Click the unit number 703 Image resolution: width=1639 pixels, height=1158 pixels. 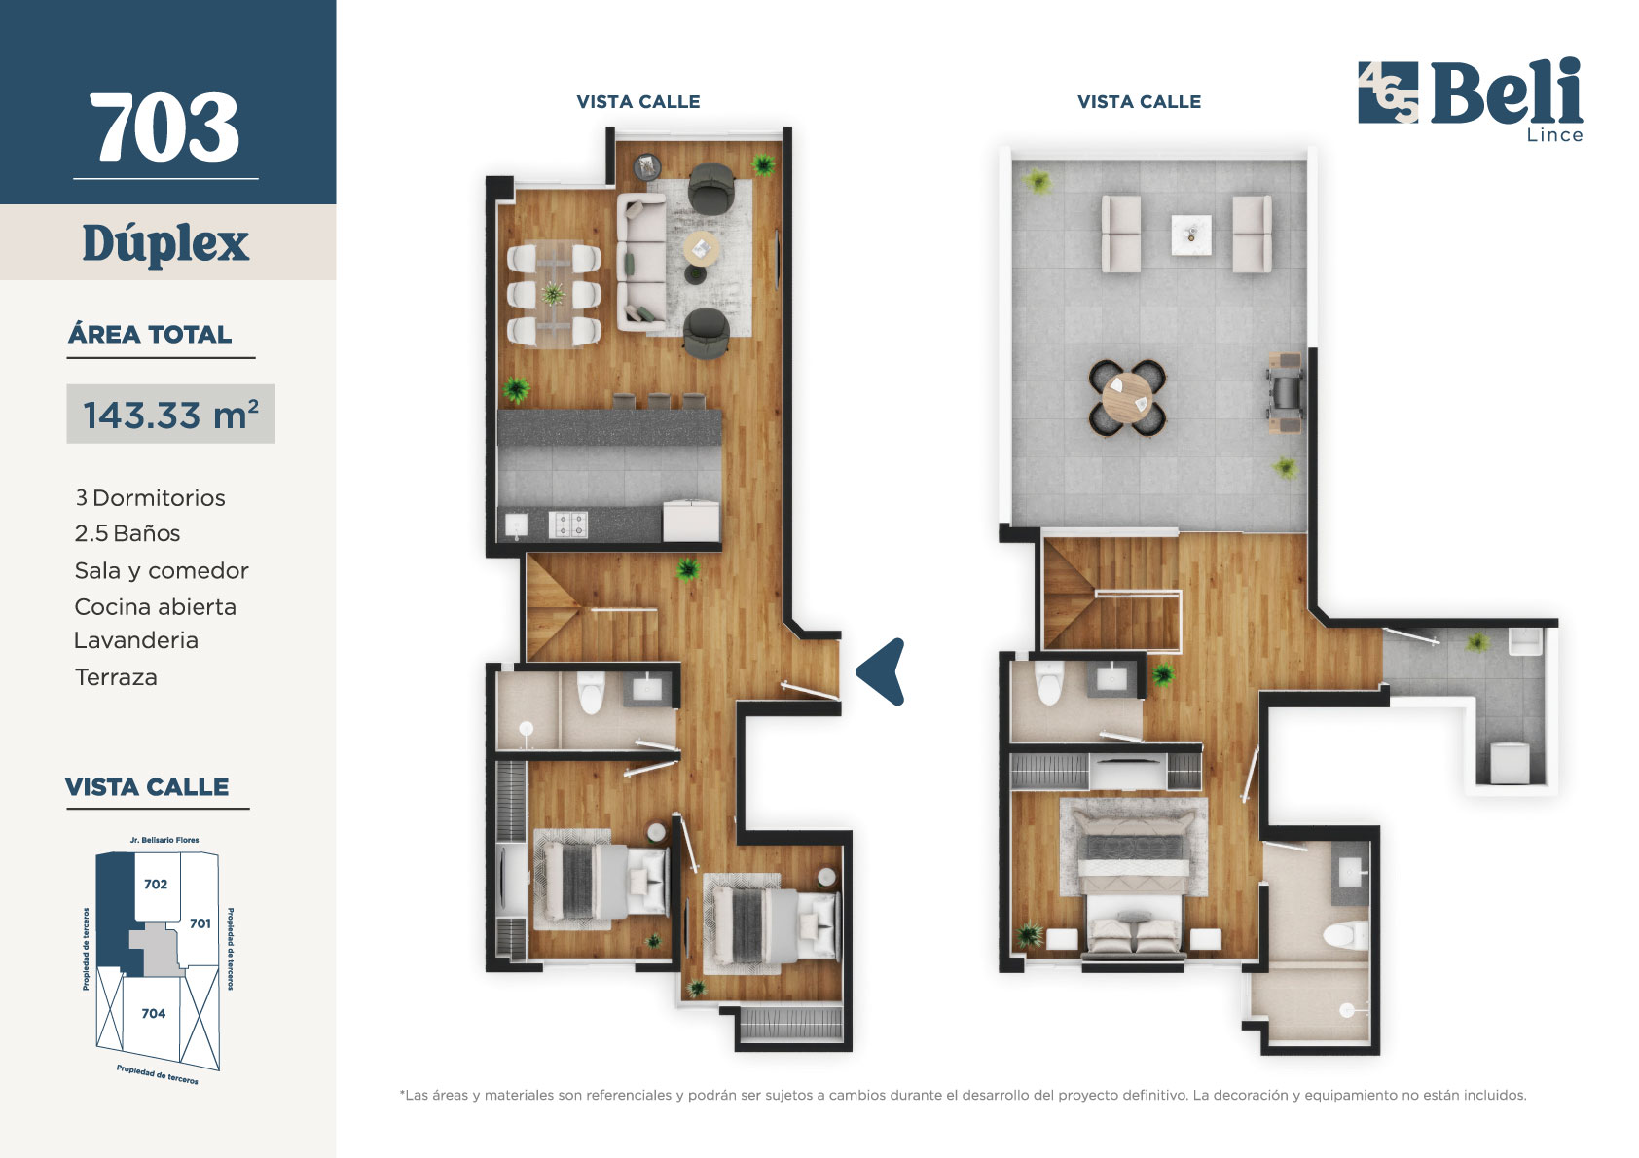[x=165, y=127]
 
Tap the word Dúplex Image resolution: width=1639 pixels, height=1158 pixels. [x=165, y=243]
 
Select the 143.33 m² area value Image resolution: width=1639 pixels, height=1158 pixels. [x=170, y=415]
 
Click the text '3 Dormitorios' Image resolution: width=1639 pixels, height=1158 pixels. [x=150, y=498]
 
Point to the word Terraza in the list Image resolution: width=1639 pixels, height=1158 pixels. [x=116, y=677]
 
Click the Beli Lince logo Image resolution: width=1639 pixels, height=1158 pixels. [x=1471, y=99]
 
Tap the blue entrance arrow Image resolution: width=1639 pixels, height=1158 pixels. [x=881, y=671]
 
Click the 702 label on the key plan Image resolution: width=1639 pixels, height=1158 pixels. [x=156, y=884]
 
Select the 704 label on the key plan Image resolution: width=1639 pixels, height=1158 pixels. [x=154, y=1013]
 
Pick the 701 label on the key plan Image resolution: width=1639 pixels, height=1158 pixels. [x=200, y=923]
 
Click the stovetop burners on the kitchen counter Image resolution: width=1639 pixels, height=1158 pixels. [x=567, y=525]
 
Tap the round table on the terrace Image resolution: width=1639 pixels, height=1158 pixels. [x=1127, y=399]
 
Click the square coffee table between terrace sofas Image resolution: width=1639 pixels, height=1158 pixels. [x=1190, y=235]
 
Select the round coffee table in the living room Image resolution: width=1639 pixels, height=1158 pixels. [x=702, y=249]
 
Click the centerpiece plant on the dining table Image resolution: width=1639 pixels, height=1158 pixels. [x=553, y=294]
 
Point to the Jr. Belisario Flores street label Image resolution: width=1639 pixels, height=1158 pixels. [x=164, y=840]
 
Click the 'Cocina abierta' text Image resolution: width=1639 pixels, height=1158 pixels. [x=155, y=607]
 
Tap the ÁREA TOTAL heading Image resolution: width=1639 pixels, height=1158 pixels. [x=150, y=335]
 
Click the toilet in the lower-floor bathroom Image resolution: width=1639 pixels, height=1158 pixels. [x=590, y=692]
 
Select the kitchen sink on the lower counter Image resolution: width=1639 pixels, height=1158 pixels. [x=517, y=525]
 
